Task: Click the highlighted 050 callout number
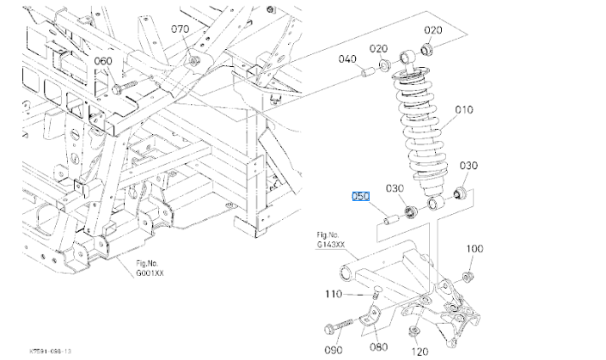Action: [x=360, y=196]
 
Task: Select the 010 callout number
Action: [x=464, y=110]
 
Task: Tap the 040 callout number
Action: [x=347, y=58]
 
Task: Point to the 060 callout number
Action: [x=103, y=61]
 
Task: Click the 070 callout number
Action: [x=181, y=29]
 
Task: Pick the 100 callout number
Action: [x=474, y=248]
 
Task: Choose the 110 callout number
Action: [x=334, y=294]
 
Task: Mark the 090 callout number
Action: [x=334, y=350]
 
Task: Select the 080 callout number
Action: [x=379, y=346]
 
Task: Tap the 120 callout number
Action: [x=419, y=351]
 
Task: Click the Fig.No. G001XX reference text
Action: [x=150, y=268]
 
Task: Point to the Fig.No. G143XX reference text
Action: [x=330, y=240]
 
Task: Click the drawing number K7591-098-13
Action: [x=50, y=351]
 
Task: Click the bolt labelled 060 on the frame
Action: [x=124, y=87]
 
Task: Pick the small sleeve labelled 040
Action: [x=368, y=72]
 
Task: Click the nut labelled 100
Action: [x=468, y=277]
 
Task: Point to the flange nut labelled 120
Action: [x=414, y=331]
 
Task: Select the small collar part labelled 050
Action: [x=390, y=220]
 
